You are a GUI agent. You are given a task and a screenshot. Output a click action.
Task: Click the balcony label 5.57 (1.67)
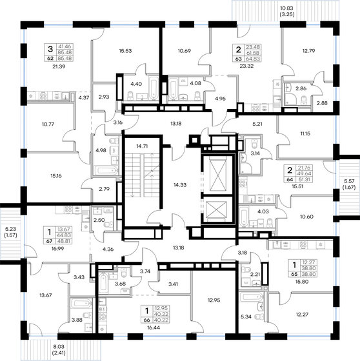[x=350, y=184]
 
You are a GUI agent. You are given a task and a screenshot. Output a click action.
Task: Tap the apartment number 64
[x=299, y=180]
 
